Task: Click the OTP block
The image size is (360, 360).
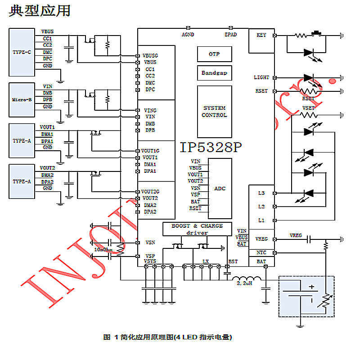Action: click(x=214, y=54)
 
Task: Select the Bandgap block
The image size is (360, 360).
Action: click(x=214, y=73)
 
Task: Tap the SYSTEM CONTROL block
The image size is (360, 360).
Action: click(x=214, y=112)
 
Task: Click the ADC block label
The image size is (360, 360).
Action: click(x=220, y=189)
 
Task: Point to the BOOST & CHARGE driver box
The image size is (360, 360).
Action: click(x=197, y=229)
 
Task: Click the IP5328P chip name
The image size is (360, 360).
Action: click(x=211, y=147)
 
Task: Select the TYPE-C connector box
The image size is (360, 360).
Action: click(x=22, y=52)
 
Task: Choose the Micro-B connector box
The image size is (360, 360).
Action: click(x=22, y=100)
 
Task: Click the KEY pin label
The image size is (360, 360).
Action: click(x=261, y=35)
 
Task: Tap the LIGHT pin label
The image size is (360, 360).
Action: click(x=261, y=78)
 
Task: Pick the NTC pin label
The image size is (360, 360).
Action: click(x=261, y=253)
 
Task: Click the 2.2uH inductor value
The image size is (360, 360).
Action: click(x=242, y=284)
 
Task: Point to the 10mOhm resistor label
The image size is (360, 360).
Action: click(x=103, y=249)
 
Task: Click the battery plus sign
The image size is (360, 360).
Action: click(x=310, y=287)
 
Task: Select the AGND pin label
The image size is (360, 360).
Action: click(x=188, y=34)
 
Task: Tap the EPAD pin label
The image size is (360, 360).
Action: click(x=230, y=34)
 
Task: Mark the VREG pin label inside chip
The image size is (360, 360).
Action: click(x=261, y=238)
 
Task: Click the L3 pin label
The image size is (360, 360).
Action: click(x=261, y=193)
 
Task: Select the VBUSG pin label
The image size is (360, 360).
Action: click(x=151, y=55)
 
